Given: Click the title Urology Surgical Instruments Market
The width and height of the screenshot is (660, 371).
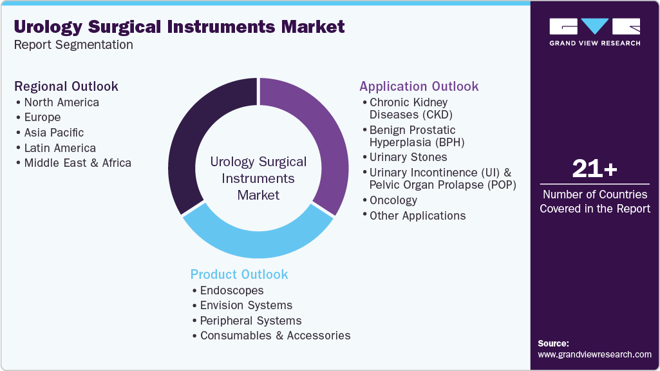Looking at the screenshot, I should (179, 26).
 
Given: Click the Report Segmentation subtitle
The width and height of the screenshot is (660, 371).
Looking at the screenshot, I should (73, 45).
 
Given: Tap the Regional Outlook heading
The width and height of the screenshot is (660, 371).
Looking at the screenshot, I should (66, 86).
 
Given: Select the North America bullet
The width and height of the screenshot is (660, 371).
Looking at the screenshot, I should (61, 102).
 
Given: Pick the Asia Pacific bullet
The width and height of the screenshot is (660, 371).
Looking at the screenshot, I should (53, 133).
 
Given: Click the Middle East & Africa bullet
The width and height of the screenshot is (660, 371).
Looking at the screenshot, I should (77, 163).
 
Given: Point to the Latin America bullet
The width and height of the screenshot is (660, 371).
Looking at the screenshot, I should (60, 148).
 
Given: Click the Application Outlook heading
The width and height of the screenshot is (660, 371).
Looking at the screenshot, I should (419, 86).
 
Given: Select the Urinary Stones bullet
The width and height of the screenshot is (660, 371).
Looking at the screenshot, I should (408, 157).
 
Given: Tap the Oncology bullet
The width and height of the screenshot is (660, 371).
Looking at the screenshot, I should (393, 200).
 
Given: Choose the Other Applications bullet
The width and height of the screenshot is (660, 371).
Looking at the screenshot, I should (417, 216).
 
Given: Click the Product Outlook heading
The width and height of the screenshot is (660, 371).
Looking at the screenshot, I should (239, 274).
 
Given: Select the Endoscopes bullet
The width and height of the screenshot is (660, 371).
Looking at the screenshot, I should (232, 290).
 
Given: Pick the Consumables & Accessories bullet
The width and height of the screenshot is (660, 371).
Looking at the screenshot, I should (275, 336).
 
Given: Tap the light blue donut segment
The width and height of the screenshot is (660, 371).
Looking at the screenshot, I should (258, 238).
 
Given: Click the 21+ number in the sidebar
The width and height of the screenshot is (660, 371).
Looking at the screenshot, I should (594, 169).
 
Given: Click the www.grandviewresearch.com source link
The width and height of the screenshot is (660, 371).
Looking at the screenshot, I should (594, 354).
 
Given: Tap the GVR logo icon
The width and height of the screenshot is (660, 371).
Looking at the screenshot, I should (594, 26).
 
